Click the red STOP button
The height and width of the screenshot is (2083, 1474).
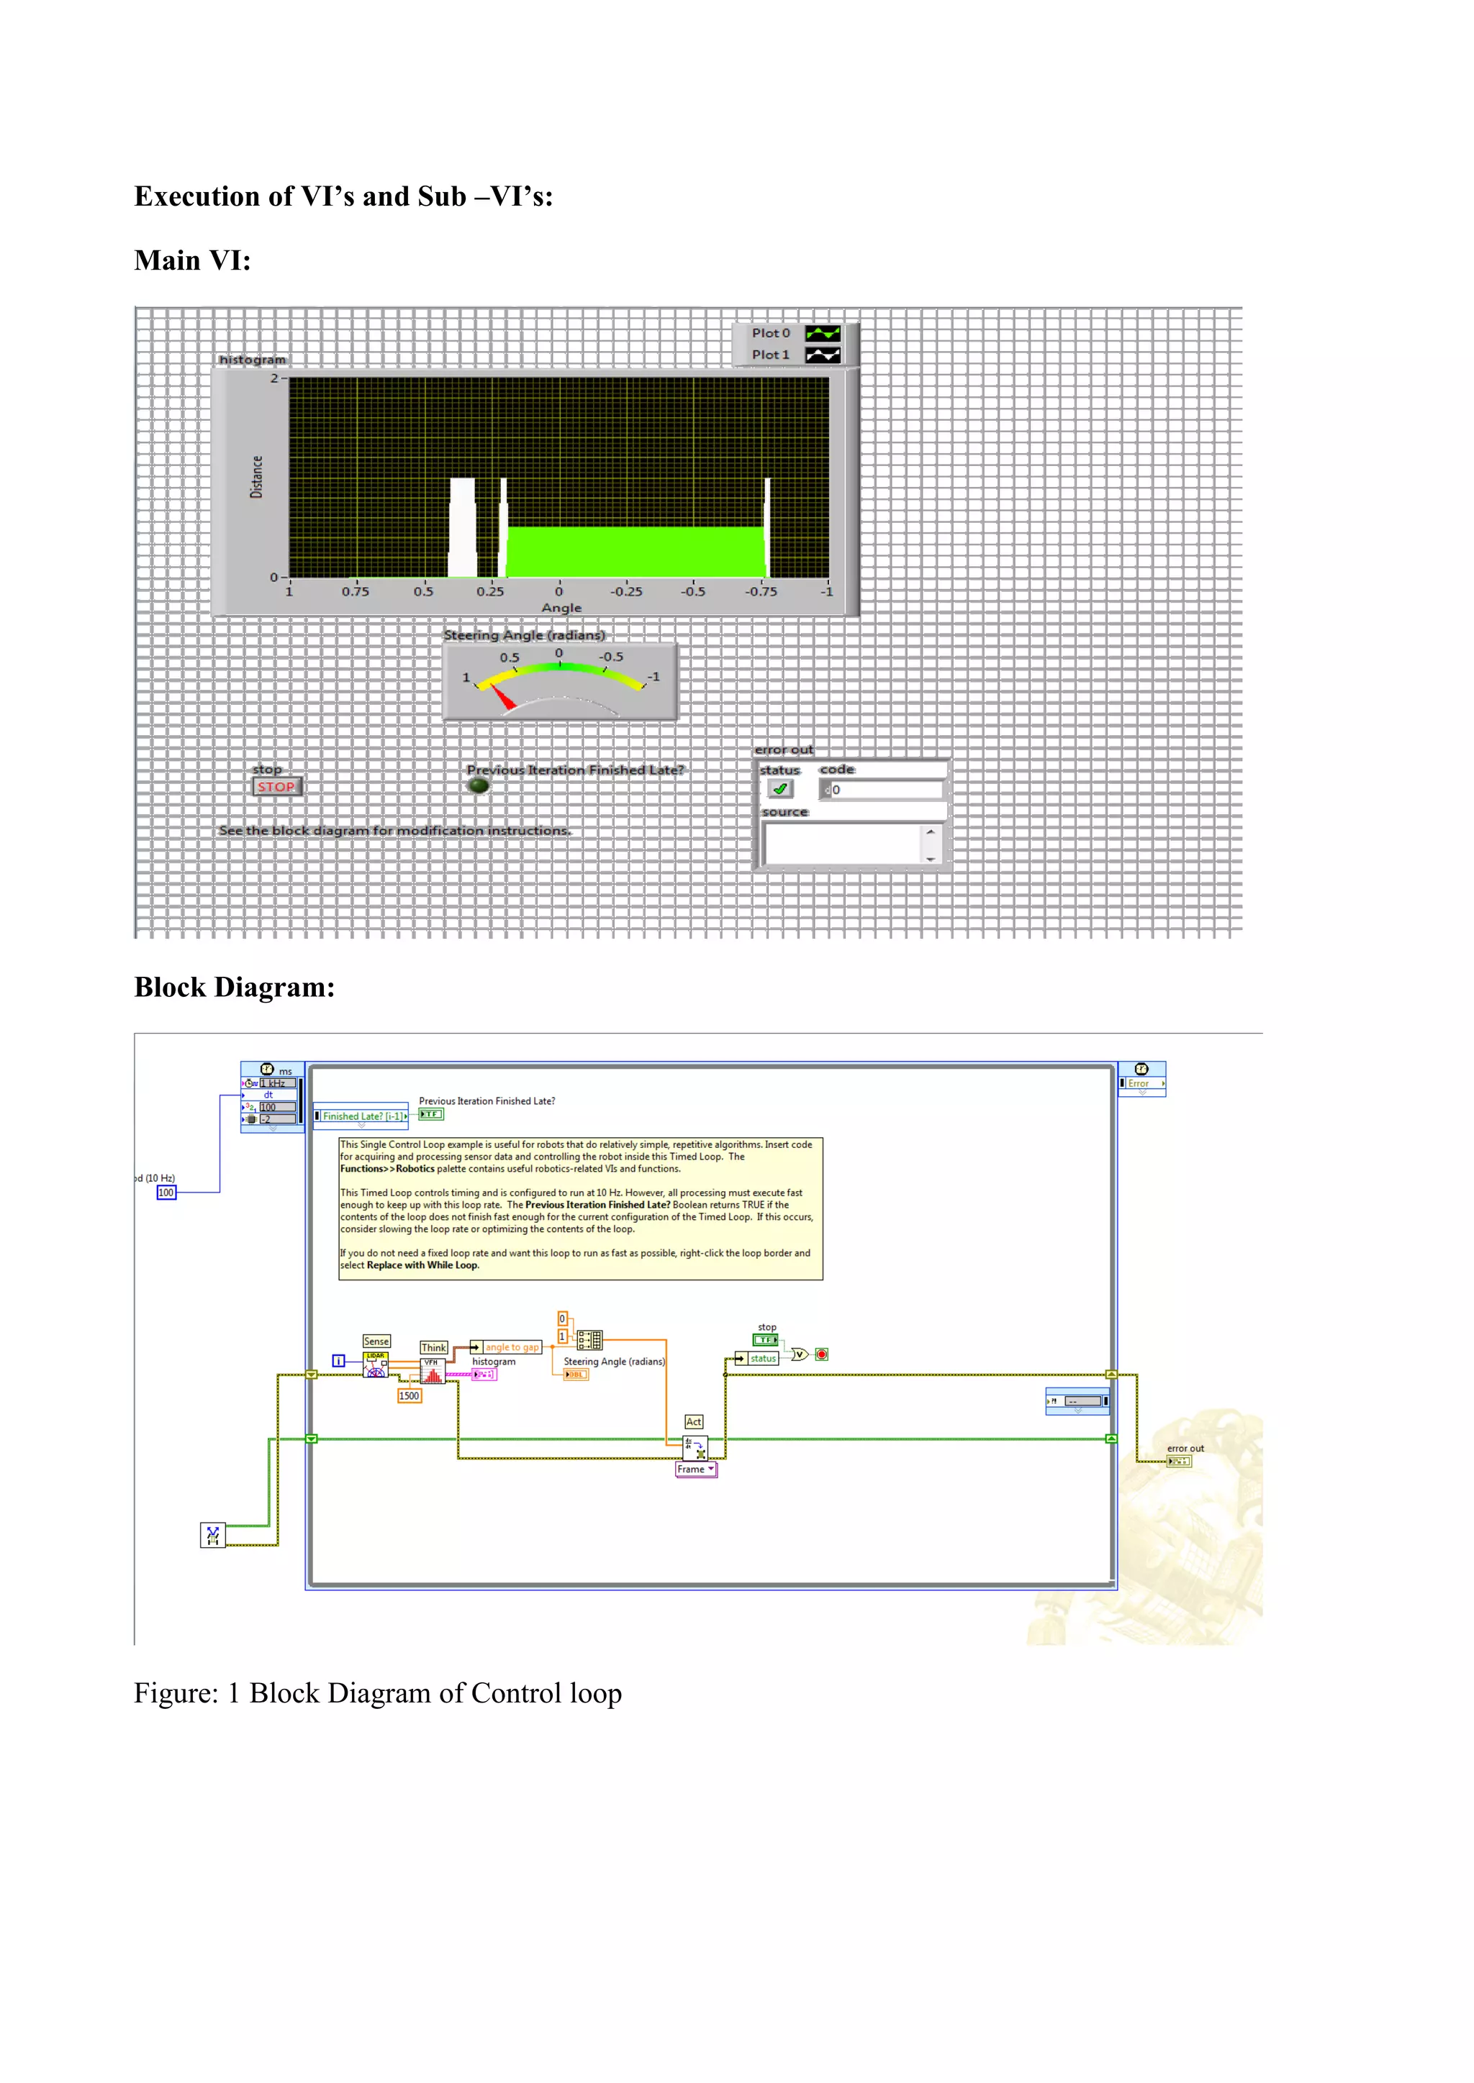(276, 787)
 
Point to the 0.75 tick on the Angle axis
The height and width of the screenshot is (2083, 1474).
(356, 591)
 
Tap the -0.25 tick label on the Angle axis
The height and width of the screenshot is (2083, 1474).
(626, 591)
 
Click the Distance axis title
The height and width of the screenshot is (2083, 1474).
(257, 477)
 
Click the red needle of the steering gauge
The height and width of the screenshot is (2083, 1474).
(502, 696)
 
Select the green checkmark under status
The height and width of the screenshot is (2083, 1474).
(779, 789)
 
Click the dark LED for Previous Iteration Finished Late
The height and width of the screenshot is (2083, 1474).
(479, 785)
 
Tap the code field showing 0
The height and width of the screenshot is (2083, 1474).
(880, 789)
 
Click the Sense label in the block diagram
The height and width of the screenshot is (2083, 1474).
(376, 1341)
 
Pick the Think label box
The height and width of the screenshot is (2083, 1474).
(434, 1347)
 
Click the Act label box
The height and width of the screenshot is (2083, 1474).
(693, 1421)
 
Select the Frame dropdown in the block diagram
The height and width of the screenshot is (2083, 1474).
(696, 1469)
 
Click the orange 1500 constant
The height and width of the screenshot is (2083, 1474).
(410, 1395)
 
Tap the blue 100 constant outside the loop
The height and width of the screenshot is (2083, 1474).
(166, 1192)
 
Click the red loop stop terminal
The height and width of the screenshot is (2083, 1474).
(821, 1354)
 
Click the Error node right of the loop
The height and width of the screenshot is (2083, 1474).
(1141, 1083)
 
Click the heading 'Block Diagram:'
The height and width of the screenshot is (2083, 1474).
(234, 987)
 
